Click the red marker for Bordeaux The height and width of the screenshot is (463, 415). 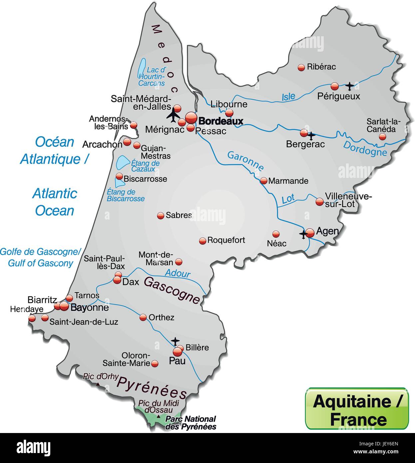pyautogui.click(x=191, y=118)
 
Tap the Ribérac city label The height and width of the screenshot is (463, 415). pyautogui.click(x=321, y=67)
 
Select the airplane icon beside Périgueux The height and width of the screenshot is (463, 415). pyautogui.click(x=349, y=86)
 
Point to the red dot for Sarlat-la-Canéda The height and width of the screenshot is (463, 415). pyautogui.click(x=382, y=137)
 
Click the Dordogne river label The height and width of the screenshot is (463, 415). pyautogui.click(x=365, y=148)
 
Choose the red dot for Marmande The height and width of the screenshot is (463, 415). pyautogui.click(x=263, y=181)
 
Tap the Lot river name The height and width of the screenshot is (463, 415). pyautogui.click(x=288, y=199)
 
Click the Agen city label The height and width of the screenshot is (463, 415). pyautogui.click(x=327, y=231)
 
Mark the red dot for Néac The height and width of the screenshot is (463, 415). pyautogui.click(x=276, y=234)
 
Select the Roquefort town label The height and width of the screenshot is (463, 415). pyautogui.click(x=226, y=240)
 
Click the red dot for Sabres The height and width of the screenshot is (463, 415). pyautogui.click(x=161, y=216)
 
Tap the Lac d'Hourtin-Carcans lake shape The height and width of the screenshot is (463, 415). pyautogui.click(x=142, y=68)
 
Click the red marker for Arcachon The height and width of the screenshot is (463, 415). pyautogui.click(x=127, y=142)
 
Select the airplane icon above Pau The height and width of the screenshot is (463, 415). pyautogui.click(x=175, y=341)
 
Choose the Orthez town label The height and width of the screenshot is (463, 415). pyautogui.click(x=161, y=317)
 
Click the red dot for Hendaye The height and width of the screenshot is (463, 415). pyautogui.click(x=32, y=318)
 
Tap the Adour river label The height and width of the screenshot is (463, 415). pyautogui.click(x=178, y=273)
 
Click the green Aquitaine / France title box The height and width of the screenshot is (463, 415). pyautogui.click(x=357, y=409)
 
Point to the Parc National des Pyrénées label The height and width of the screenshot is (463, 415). pyautogui.click(x=191, y=423)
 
